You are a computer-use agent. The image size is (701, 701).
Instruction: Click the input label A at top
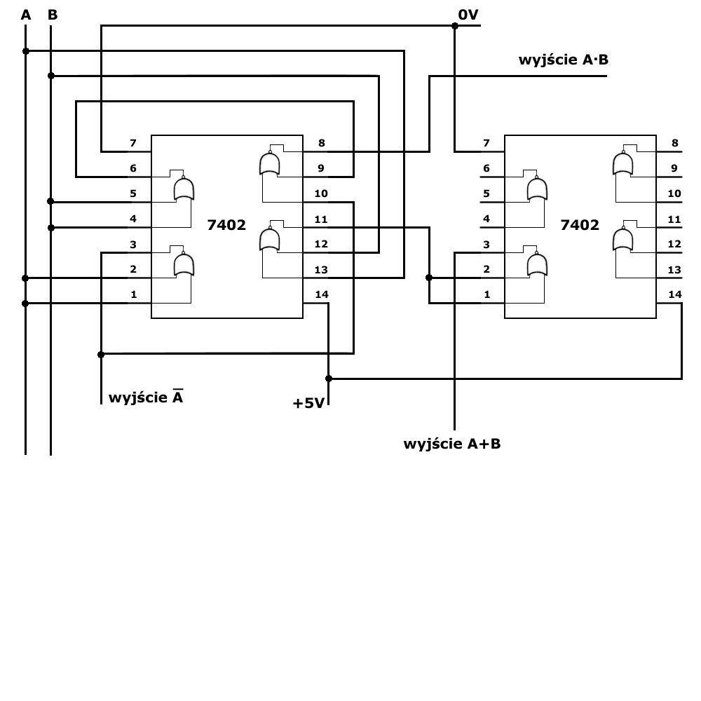click(x=26, y=15)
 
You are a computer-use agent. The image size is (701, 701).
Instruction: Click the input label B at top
click(x=52, y=15)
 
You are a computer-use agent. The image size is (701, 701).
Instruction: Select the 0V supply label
click(x=468, y=14)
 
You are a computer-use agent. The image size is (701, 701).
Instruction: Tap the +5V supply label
click(x=308, y=403)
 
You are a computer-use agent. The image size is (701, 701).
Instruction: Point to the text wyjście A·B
click(x=563, y=60)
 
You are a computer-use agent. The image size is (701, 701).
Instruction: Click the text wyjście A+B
click(x=452, y=444)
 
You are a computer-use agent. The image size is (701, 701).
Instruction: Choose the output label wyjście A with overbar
click(x=146, y=397)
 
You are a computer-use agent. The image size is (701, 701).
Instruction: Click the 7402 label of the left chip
click(x=226, y=225)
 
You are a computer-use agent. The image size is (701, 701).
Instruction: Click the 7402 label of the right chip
click(x=580, y=225)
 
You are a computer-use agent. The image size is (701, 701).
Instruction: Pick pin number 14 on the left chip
click(x=321, y=294)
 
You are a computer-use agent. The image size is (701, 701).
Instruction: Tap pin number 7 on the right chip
click(x=486, y=144)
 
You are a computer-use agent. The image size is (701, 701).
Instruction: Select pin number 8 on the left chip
click(x=321, y=144)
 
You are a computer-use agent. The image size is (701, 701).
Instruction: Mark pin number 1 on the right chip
click(x=486, y=294)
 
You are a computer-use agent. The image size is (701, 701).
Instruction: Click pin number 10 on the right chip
click(x=674, y=193)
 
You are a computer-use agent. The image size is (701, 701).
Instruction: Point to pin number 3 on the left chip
click(x=133, y=244)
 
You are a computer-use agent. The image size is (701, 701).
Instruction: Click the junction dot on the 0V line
click(x=454, y=26)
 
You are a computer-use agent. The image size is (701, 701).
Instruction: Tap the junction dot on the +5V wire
click(x=329, y=379)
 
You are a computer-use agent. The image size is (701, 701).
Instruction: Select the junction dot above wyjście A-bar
click(x=101, y=354)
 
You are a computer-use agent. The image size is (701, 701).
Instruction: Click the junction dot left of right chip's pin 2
click(x=429, y=278)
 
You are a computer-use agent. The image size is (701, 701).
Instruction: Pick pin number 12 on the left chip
click(x=321, y=244)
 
